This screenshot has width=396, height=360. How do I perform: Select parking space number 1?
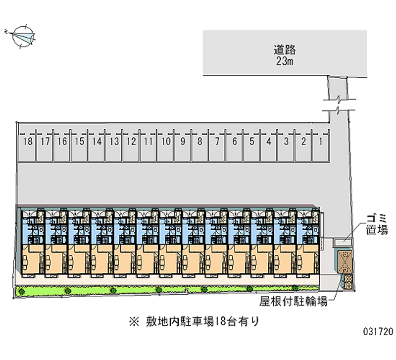[x=321, y=142]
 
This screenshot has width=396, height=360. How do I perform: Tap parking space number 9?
[x=183, y=142]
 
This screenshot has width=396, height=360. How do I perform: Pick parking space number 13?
[x=114, y=142]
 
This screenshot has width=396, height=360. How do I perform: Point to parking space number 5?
[x=251, y=142]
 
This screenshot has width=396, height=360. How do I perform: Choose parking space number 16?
[x=62, y=142]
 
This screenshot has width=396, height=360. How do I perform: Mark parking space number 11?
[x=148, y=142]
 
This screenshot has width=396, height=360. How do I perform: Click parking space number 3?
[x=286, y=142]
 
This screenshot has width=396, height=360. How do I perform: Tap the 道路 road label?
[x=285, y=50]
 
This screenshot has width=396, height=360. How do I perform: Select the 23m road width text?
[x=285, y=61]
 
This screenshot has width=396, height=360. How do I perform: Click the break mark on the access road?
[x=339, y=104]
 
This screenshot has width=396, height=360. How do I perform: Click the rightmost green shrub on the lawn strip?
[x=294, y=288]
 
